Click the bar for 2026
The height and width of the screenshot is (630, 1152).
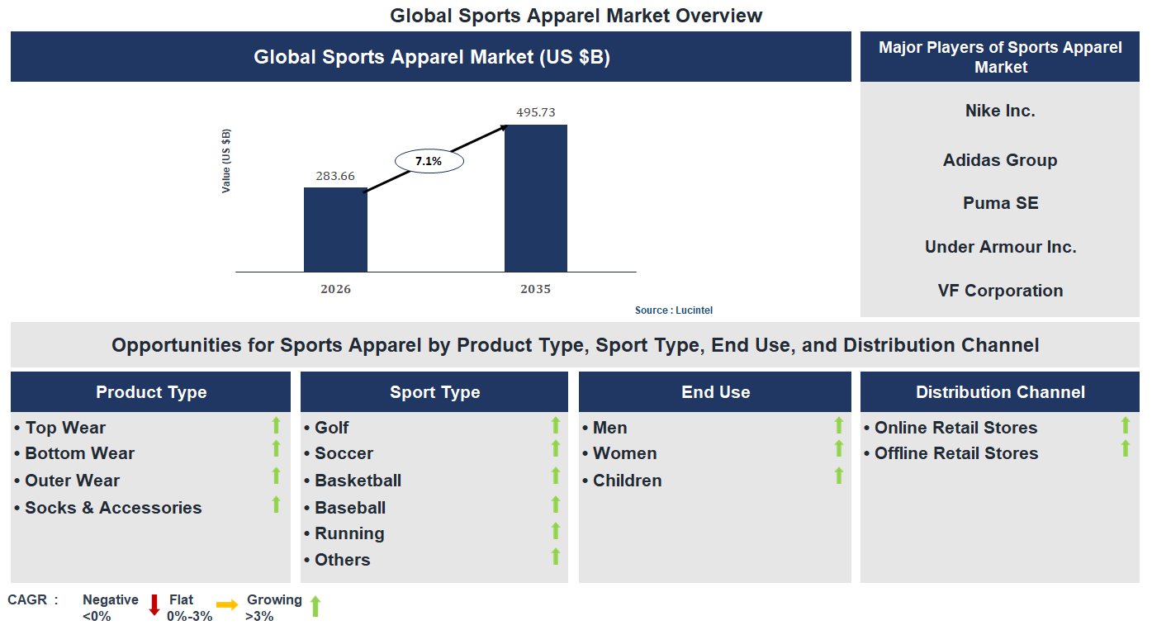[x=335, y=230]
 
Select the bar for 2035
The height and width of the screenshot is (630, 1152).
[x=536, y=198]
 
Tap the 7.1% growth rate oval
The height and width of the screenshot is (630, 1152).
[x=429, y=161]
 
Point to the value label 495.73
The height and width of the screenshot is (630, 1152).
[x=536, y=111]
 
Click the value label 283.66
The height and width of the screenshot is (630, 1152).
[x=335, y=175]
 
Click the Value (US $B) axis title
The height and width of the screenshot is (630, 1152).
[x=226, y=161]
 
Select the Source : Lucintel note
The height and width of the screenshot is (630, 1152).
[x=673, y=310]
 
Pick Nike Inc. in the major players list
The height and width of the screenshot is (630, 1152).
[x=1000, y=111]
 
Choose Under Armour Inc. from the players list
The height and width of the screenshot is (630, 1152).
[x=1000, y=247]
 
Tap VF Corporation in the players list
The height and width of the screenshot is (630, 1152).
[x=1000, y=291]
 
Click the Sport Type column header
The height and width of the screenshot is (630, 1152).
[x=434, y=392]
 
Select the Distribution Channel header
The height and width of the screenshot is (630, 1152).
[x=1000, y=392]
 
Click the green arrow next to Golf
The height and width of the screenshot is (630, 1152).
[x=556, y=425]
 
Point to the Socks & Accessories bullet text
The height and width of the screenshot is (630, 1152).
[x=113, y=508]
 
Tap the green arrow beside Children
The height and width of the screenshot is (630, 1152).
[x=839, y=476]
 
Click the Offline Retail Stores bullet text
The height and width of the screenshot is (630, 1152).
[x=955, y=453]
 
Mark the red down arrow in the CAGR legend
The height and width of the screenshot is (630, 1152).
[x=154, y=605]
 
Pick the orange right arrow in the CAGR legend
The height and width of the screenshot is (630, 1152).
[x=227, y=605]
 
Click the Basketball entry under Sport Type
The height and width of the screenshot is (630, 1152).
[x=358, y=481]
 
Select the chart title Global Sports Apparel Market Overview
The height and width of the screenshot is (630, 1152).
[x=576, y=16]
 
